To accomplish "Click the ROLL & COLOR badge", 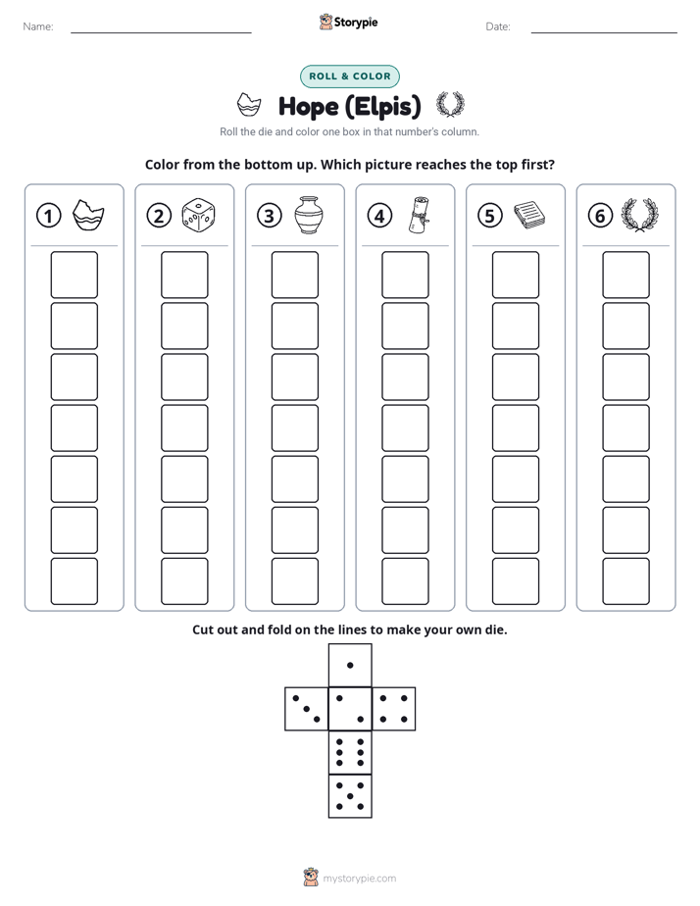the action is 349,76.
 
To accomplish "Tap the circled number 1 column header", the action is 48,216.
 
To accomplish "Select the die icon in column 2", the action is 198,216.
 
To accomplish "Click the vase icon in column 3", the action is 309,215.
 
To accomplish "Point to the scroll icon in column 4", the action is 420,215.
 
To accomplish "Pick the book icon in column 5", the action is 529,215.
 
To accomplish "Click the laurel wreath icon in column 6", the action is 639,215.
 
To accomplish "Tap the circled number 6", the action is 600,216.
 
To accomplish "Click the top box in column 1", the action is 74,275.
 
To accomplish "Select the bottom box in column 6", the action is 625,581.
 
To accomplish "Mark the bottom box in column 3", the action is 294,581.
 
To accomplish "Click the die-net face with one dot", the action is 350,665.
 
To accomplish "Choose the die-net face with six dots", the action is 350,752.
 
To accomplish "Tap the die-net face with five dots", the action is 350,795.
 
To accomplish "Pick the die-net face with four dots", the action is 393,708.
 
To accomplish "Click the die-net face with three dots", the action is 307,708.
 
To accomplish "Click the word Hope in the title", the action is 308,106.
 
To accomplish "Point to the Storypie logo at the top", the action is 348,22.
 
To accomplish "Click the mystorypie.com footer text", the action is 359,879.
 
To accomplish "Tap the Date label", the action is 498,26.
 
